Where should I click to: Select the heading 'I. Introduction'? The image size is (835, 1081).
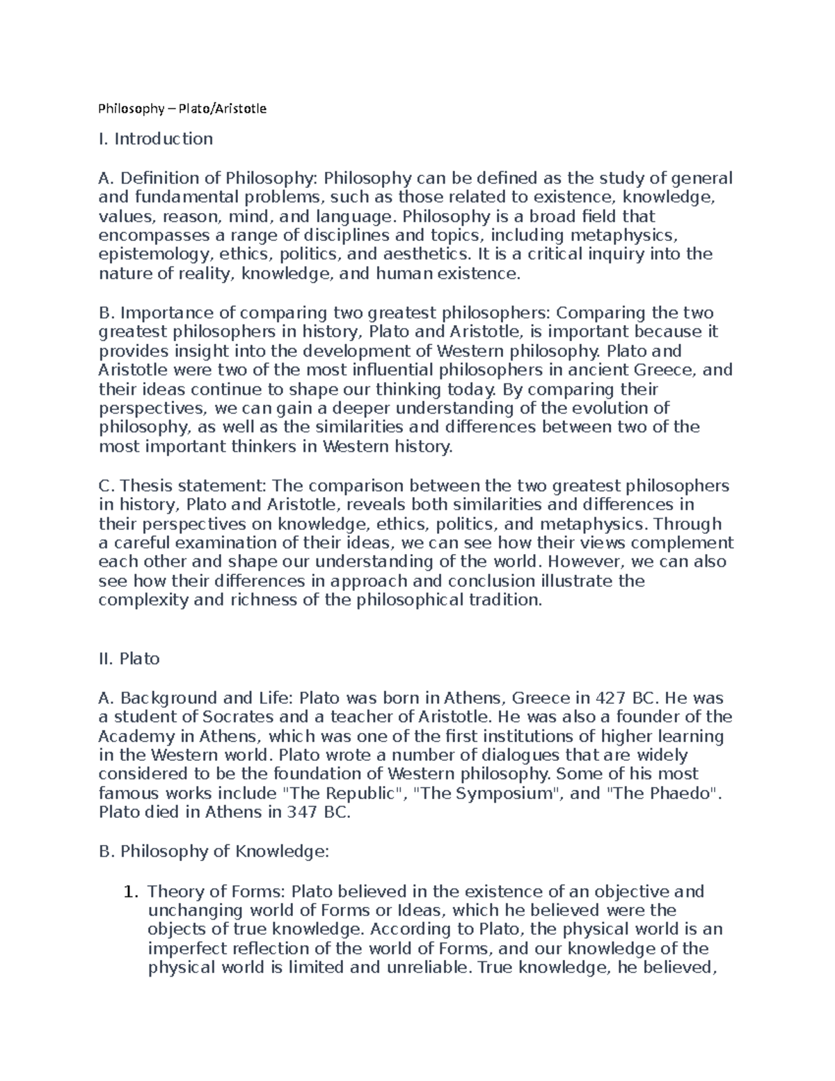pyautogui.click(x=155, y=139)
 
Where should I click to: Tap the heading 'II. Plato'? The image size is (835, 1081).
pyautogui.click(x=129, y=658)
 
